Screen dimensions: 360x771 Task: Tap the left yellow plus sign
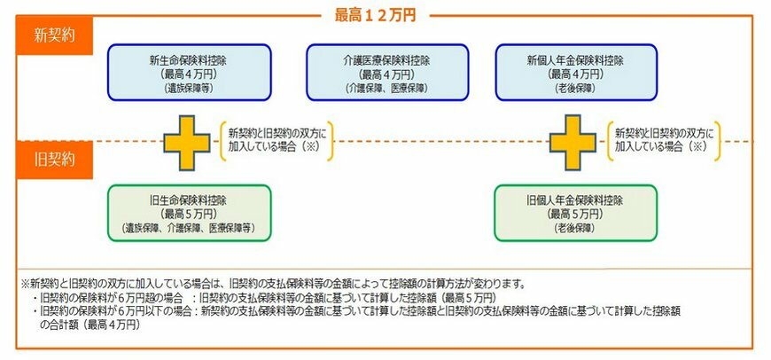point(188,142)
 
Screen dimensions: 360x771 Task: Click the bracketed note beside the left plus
point(277,139)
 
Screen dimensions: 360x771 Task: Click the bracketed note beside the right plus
point(663,139)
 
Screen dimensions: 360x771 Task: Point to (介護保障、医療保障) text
point(386,90)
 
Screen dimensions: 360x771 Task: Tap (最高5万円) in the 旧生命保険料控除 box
point(187,215)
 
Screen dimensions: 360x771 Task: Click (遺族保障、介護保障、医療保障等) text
point(187,229)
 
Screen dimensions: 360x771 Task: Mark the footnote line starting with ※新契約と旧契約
point(275,285)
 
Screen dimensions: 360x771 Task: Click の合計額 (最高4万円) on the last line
point(90,325)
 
